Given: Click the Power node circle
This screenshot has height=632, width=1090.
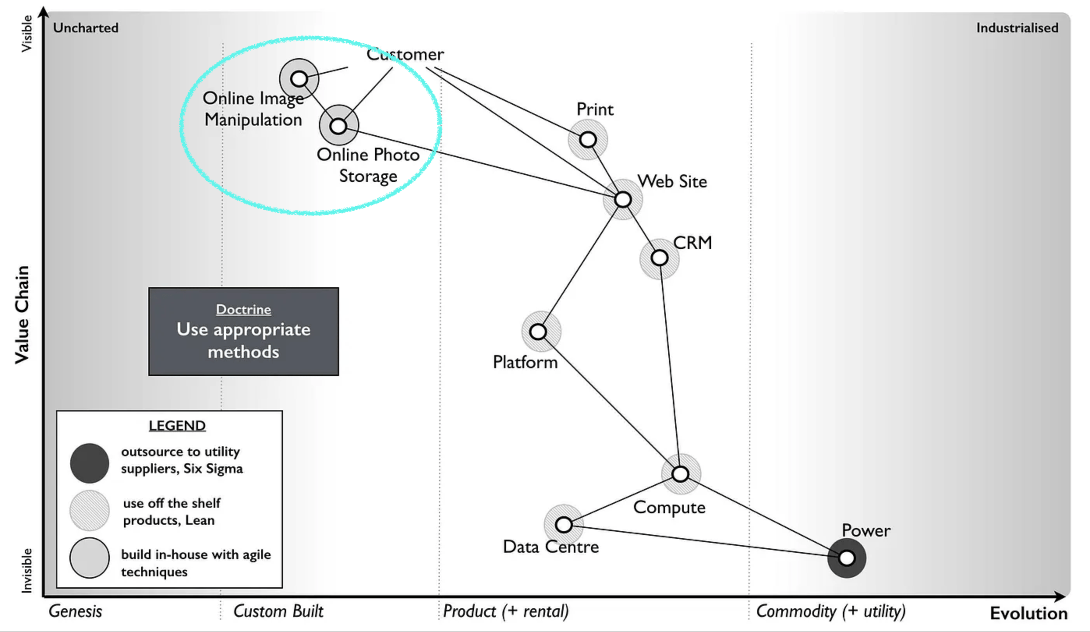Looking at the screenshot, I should pyautogui.click(x=846, y=558).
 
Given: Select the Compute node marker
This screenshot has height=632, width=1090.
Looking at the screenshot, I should pyautogui.click(x=680, y=474).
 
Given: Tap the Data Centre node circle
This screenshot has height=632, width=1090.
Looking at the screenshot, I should pyautogui.click(x=564, y=525).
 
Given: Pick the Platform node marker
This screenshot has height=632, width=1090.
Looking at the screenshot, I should pyautogui.click(x=538, y=332).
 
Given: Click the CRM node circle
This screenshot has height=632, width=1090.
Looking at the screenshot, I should pyautogui.click(x=660, y=258).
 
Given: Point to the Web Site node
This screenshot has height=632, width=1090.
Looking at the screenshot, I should pyautogui.click(x=623, y=200).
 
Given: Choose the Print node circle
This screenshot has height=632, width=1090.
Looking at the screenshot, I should pyautogui.click(x=588, y=139).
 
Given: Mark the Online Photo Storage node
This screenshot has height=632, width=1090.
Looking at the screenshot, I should pyautogui.click(x=338, y=126).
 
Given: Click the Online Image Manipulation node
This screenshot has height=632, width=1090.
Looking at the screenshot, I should pyautogui.click(x=299, y=79).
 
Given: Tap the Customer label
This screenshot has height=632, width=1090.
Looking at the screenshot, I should pyautogui.click(x=405, y=55).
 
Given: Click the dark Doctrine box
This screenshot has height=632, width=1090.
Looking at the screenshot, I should pyautogui.click(x=244, y=331).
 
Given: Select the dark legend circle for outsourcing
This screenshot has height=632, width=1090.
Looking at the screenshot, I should pyautogui.click(x=90, y=463).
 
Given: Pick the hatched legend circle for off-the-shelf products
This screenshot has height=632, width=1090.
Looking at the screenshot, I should pyautogui.click(x=90, y=510).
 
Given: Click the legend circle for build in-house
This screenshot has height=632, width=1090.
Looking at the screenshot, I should pyautogui.click(x=90, y=558).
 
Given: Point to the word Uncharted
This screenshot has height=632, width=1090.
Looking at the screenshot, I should pyautogui.click(x=86, y=28).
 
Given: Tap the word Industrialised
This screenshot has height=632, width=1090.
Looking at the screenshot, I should pyautogui.click(x=1017, y=28).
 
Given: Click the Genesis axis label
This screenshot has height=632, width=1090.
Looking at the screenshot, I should pyautogui.click(x=75, y=611).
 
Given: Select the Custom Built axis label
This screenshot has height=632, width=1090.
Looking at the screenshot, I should pyautogui.click(x=278, y=611).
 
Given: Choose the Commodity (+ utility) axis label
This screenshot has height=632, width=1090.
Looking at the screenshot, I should pyautogui.click(x=830, y=611).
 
